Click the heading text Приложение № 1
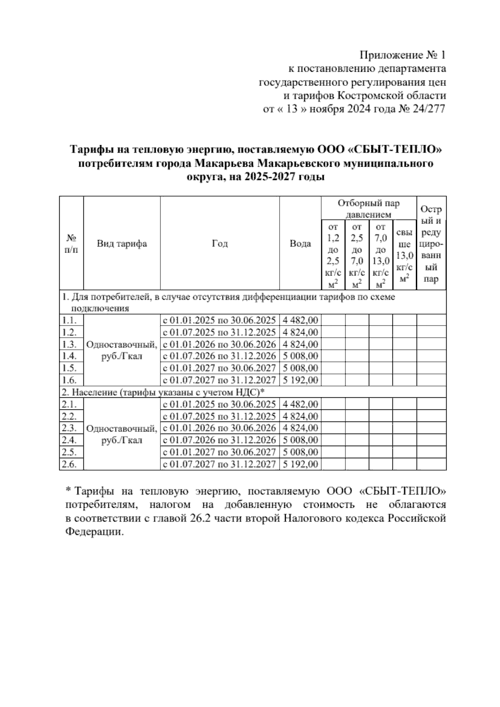402,55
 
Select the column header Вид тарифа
122,244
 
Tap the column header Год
220,244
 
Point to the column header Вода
300,244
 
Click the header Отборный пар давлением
369,209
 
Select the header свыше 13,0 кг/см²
405,256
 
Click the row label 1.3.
70,344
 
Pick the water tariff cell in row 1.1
300,321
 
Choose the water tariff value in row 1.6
300,380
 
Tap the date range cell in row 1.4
219,356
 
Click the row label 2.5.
70,452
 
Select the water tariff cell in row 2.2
300,416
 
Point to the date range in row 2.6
219,464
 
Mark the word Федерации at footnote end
95,532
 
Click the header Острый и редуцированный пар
431,244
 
